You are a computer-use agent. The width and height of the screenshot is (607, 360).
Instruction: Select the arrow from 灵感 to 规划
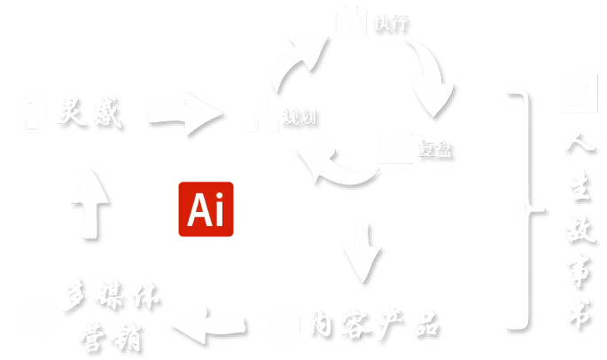coord(184,113)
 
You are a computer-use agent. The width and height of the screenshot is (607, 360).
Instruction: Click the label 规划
coord(299,117)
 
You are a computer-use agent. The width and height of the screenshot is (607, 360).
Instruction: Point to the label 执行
coord(391,23)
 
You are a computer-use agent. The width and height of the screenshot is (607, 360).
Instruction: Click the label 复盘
coord(435,149)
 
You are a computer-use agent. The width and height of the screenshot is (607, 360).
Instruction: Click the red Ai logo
coord(206,209)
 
